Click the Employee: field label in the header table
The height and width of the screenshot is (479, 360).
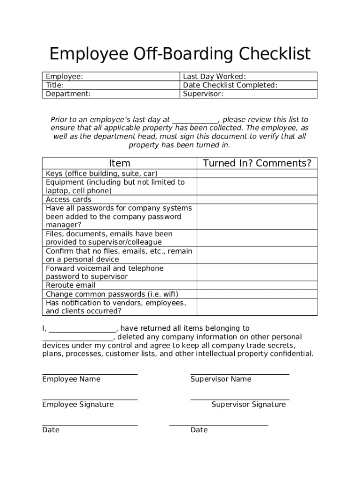click(x=65, y=77)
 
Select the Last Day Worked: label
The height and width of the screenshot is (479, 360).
click(x=214, y=77)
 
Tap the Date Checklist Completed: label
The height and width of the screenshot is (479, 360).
click(x=230, y=85)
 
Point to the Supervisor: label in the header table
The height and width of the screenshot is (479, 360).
click(x=203, y=94)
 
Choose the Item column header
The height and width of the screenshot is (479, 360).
click(x=119, y=163)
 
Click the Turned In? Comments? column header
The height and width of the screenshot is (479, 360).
click(x=257, y=163)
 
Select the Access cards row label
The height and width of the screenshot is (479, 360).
click(x=69, y=199)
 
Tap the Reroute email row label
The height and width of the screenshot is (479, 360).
click(x=71, y=285)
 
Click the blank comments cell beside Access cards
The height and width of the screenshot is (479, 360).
click(x=257, y=199)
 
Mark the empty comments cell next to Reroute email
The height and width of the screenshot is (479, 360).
click(x=257, y=285)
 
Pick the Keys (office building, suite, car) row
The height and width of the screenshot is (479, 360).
click(x=102, y=174)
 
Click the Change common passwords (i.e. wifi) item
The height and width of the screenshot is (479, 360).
click(x=112, y=294)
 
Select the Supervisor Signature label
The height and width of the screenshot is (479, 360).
click(x=248, y=405)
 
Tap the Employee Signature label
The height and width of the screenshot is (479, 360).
click(x=78, y=405)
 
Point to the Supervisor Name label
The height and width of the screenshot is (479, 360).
click(x=221, y=379)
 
